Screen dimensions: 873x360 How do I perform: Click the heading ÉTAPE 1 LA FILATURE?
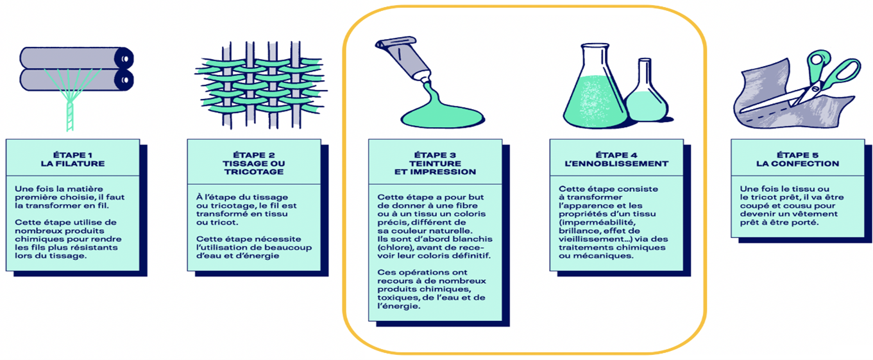click(73, 159)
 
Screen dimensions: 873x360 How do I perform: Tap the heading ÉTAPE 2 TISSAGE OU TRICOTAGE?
click(254, 164)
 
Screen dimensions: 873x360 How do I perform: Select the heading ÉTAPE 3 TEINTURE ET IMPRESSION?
click(436, 164)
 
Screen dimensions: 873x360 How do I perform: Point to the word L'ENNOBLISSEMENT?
click(616, 164)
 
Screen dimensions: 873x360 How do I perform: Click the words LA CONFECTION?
click(798, 164)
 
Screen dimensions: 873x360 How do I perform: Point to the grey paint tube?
click(403, 60)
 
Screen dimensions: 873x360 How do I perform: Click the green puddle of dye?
click(443, 113)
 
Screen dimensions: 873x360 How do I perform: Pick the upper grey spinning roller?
click(76, 58)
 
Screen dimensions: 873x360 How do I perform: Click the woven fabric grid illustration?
click(260, 85)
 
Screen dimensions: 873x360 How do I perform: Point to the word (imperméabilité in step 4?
click(597, 222)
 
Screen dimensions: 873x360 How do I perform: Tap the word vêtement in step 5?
click(819, 214)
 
